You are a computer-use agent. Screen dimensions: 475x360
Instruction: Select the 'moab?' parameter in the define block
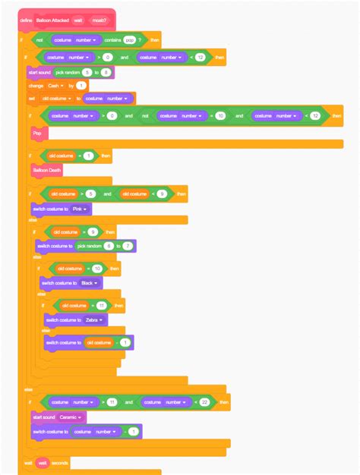(x=99, y=20)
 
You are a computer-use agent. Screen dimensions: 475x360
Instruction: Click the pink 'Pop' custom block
(x=37, y=133)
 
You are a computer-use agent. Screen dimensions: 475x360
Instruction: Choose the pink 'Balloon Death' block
(x=47, y=171)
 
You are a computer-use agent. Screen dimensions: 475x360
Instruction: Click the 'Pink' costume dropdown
(x=80, y=209)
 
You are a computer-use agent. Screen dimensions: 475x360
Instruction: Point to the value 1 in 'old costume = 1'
(x=89, y=156)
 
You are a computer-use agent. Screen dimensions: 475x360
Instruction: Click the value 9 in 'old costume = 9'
(x=93, y=231)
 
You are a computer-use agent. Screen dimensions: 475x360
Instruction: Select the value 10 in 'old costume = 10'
(x=97, y=269)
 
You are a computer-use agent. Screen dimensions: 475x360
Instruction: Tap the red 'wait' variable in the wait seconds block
(x=43, y=462)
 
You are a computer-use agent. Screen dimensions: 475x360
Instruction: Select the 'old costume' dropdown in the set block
(x=58, y=99)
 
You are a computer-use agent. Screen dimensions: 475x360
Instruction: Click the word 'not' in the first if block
(x=39, y=39)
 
